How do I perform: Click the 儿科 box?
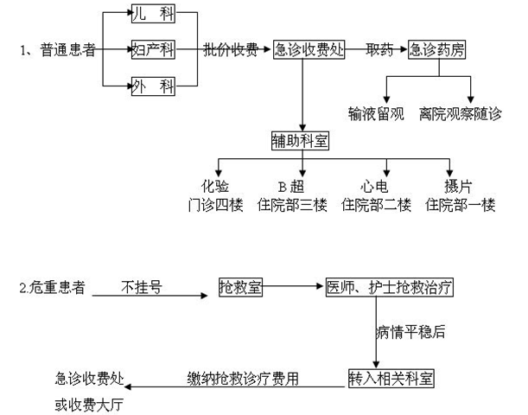click(152, 14)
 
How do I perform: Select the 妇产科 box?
click(152, 48)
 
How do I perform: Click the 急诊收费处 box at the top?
click(309, 49)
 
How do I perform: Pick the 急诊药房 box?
click(437, 49)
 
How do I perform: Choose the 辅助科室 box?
click(301, 139)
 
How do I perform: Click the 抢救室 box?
click(240, 286)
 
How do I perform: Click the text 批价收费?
click(230, 49)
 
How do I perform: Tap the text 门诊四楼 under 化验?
click(214, 205)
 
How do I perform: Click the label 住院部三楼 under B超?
click(294, 205)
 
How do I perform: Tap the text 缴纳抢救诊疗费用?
click(244, 378)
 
